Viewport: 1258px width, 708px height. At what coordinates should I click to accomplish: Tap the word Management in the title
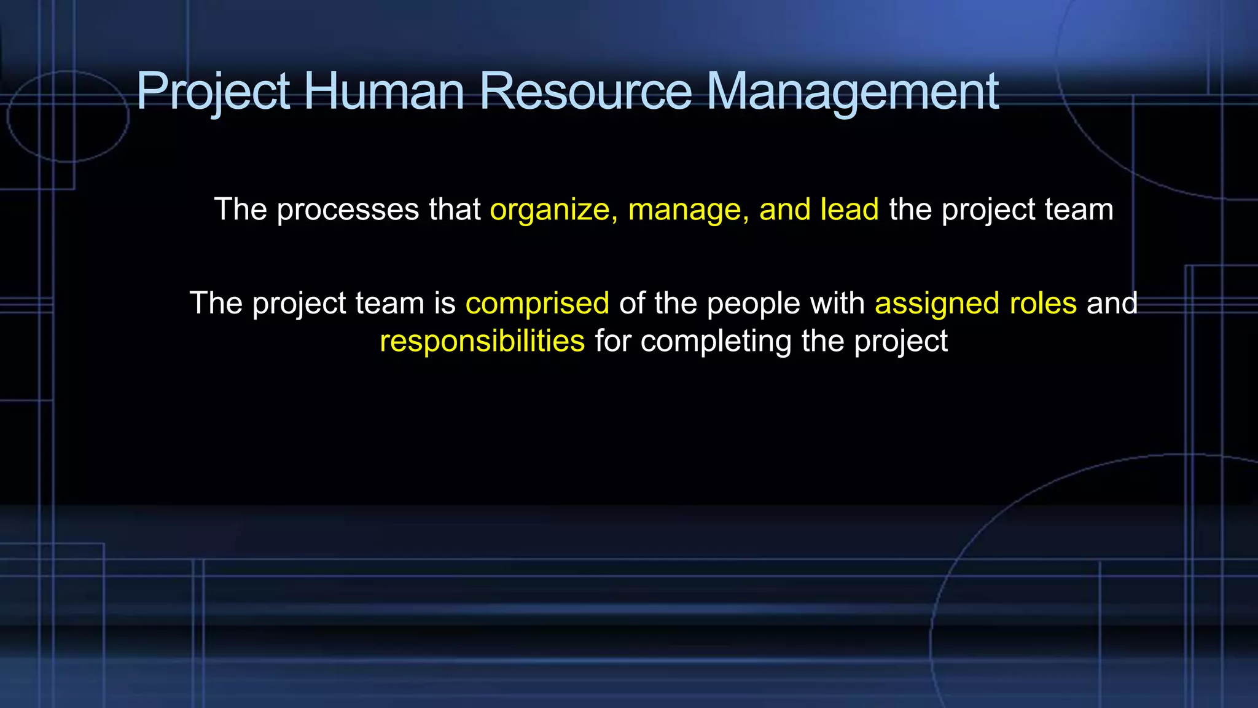[x=853, y=92]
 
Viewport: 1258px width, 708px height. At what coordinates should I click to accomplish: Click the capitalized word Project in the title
[x=213, y=92]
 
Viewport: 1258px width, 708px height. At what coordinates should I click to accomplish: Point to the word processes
[x=348, y=210]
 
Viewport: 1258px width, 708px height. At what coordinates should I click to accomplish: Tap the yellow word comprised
[x=537, y=304]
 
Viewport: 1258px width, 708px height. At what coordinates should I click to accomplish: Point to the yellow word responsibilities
[x=482, y=342]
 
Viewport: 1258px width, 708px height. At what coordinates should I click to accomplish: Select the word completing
[x=716, y=342]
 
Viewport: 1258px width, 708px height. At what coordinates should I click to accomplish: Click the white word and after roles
[x=1112, y=303]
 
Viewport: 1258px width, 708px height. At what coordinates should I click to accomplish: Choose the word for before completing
[x=612, y=340]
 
